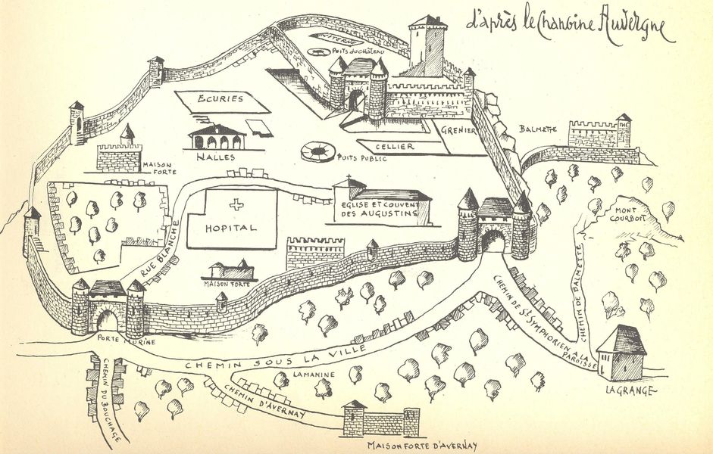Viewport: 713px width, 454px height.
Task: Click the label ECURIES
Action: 220,99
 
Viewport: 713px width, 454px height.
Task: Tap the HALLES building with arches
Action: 217,138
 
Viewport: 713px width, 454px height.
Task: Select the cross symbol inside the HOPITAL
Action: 237,204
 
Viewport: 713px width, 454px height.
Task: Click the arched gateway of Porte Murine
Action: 107,320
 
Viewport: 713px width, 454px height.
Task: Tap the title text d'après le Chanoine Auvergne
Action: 568,28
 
